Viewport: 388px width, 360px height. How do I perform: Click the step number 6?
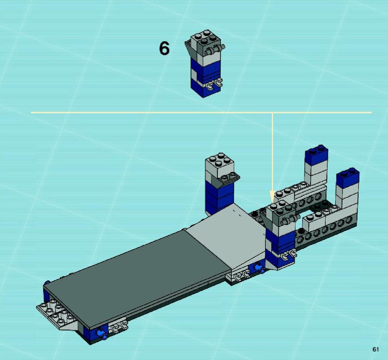[164, 48]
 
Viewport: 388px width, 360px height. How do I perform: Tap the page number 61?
[375, 349]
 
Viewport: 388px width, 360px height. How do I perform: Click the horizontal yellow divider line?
[201, 112]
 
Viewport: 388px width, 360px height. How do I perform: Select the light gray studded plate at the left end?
[56, 312]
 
